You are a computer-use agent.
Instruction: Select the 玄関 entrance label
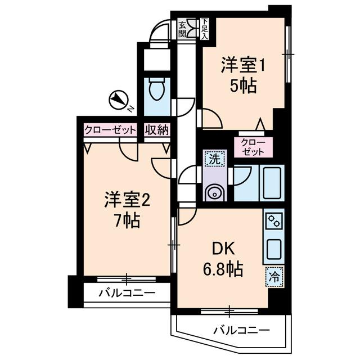183,29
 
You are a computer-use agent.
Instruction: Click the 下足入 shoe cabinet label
205,29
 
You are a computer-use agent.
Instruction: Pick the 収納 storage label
156,130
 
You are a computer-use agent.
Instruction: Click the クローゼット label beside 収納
110,130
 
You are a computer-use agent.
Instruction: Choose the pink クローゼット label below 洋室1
252,147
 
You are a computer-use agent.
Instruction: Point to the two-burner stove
273,221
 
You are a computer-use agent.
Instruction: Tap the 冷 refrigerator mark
274,277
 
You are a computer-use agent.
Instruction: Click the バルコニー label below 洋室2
127,293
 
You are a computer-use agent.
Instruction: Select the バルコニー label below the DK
241,331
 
